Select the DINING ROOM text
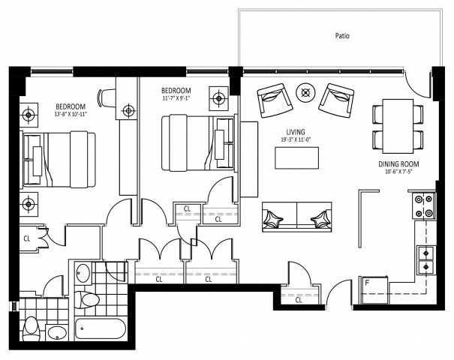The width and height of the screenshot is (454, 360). pyautogui.click(x=398, y=163)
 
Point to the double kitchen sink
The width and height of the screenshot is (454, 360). pyautogui.click(x=425, y=259)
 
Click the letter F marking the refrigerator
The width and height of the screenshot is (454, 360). pyautogui.click(x=366, y=283)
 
